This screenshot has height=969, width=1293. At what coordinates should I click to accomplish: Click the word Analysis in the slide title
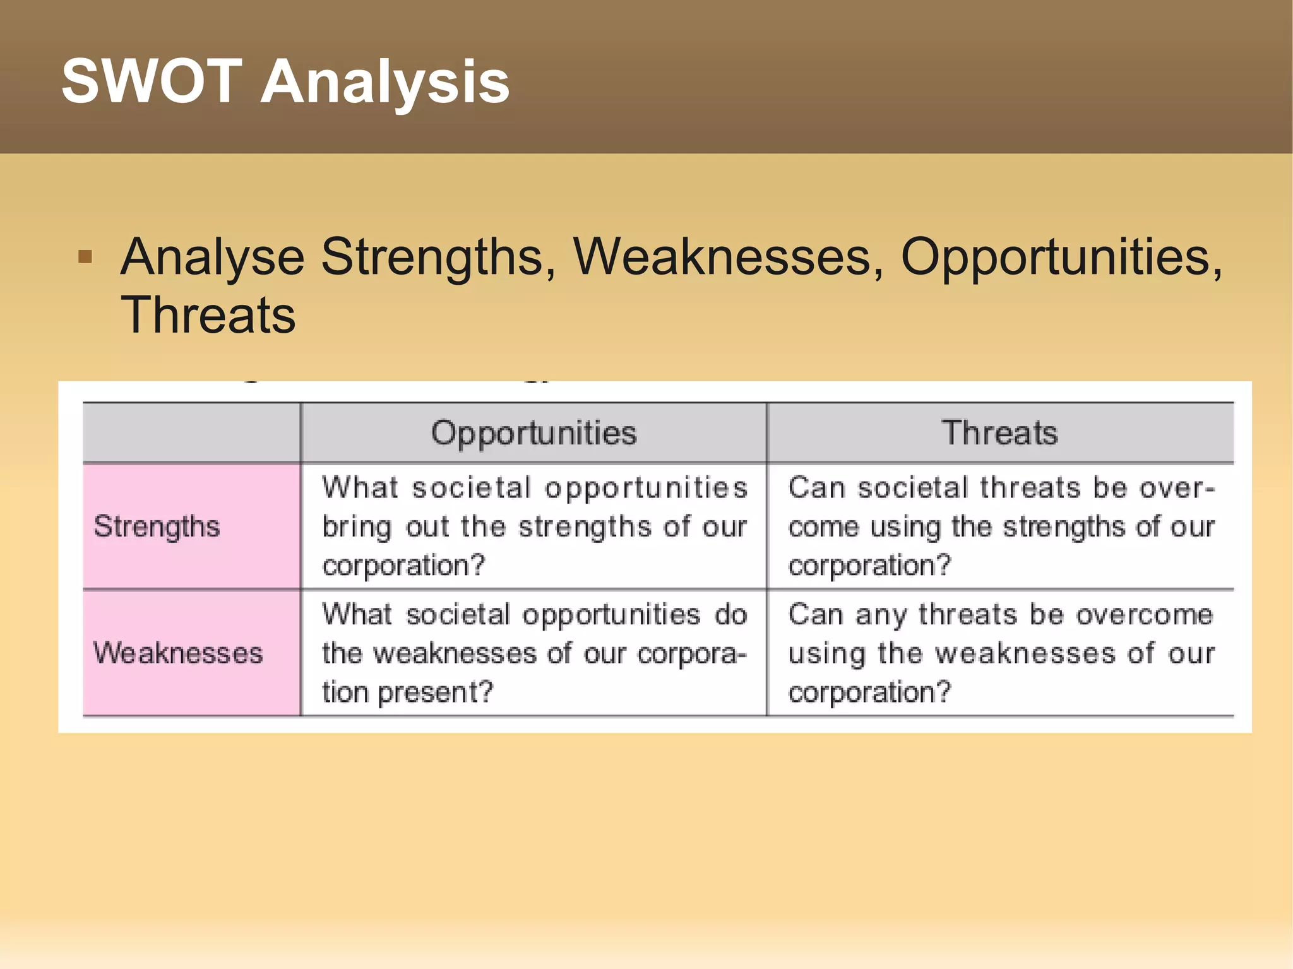pos(385,82)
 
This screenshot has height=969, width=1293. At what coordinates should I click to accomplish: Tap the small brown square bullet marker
pos(85,257)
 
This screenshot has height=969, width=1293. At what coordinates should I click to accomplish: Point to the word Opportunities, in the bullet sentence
pos(1061,258)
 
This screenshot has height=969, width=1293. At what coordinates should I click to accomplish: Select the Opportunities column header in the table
pos(533,433)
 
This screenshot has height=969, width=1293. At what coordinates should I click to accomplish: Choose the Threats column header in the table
pos(999,433)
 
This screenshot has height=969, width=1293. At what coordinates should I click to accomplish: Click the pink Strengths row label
pos(157,526)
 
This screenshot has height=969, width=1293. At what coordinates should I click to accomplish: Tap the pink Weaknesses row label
pos(177,653)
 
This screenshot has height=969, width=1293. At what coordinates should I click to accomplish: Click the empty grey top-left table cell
pos(191,433)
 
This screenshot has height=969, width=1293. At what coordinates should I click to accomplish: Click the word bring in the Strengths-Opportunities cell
pos(357,527)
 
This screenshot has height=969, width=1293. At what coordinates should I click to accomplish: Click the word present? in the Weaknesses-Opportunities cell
pos(444,693)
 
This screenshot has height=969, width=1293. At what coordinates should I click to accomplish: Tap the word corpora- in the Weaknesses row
pos(691,654)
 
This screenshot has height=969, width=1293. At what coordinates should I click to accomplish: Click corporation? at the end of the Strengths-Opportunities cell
pos(403,565)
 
